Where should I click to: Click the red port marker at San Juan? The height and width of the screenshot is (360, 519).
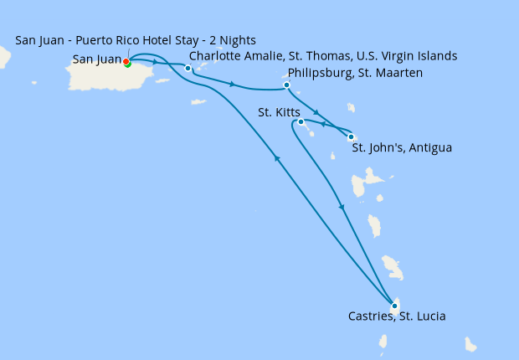click(x=126, y=61)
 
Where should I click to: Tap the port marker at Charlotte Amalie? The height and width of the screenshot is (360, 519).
click(x=188, y=68)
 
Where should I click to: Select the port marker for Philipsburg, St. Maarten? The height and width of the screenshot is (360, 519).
click(x=286, y=85)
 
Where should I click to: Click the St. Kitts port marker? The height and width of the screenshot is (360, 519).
click(x=301, y=122)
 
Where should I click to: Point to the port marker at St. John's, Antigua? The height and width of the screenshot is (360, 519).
click(x=351, y=137)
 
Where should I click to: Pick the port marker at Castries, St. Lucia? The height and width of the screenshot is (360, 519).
click(x=394, y=306)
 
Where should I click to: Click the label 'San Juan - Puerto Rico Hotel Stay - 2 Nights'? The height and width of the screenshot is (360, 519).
click(x=136, y=40)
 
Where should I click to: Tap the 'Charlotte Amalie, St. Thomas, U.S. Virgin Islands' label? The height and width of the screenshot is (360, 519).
click(x=323, y=56)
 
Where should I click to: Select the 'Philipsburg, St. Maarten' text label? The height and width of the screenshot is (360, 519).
click(x=355, y=73)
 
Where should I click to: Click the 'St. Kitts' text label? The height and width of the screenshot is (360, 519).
click(x=279, y=111)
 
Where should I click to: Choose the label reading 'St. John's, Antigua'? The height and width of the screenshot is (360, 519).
click(x=402, y=148)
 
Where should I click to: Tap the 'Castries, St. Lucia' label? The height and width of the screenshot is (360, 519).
click(x=397, y=316)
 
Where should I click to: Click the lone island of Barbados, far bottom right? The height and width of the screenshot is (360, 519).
click(x=470, y=344)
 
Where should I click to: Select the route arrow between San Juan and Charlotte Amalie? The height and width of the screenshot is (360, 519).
click(x=155, y=63)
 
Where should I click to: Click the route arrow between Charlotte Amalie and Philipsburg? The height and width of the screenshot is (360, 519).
click(x=230, y=84)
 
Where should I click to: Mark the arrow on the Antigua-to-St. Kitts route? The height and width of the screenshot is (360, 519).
click(x=323, y=124)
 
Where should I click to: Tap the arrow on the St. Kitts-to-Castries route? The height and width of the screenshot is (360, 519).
click(x=340, y=207)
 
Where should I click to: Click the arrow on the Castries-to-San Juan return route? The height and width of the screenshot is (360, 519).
click(x=276, y=158)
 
